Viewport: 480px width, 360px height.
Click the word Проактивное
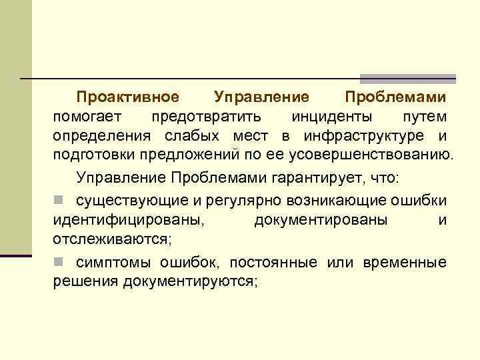[127, 97]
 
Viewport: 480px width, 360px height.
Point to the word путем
[424, 117]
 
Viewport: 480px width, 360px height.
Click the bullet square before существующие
[59, 200]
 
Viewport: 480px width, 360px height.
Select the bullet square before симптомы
[59, 261]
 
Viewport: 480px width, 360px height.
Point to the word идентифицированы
[129, 219]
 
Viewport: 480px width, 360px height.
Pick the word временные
[405, 261]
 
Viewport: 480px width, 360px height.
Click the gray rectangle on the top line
[407, 78]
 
